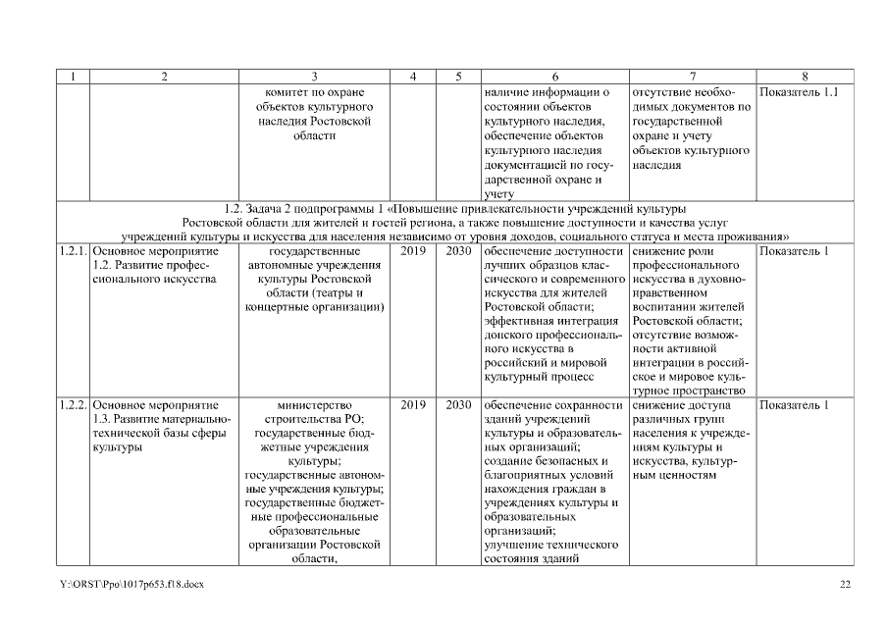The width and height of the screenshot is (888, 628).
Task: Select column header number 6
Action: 554,77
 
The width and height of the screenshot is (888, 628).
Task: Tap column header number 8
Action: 804,77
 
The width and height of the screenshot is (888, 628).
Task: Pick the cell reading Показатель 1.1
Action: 804,92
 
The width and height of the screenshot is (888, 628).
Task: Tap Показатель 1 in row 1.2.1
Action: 796,251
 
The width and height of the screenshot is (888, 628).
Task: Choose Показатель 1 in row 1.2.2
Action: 796,405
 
